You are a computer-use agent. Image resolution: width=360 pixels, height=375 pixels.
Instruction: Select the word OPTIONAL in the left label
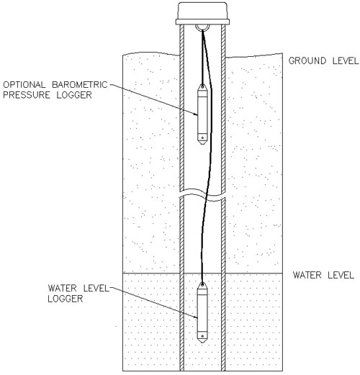(x=24, y=85)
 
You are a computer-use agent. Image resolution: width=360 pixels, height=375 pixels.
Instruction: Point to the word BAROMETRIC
(x=80, y=85)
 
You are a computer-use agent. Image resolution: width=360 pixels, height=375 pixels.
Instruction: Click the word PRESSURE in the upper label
(x=27, y=95)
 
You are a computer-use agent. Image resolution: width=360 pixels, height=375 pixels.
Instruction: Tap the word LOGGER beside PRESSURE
(x=74, y=95)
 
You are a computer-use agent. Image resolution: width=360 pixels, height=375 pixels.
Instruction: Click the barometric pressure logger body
(x=202, y=114)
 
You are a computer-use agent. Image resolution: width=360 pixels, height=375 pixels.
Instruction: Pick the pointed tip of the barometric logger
(x=202, y=144)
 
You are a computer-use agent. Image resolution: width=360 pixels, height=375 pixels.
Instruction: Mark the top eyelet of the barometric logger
(x=202, y=86)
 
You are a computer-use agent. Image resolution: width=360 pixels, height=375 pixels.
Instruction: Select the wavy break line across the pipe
(x=202, y=195)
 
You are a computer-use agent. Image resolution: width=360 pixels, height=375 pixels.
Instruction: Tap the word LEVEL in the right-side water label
(x=341, y=275)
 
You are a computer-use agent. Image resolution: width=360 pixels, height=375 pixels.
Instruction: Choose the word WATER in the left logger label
(x=62, y=288)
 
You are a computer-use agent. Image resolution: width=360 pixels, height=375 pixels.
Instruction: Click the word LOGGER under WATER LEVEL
(x=66, y=299)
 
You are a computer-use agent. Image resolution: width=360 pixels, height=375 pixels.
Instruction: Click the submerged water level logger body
(x=202, y=312)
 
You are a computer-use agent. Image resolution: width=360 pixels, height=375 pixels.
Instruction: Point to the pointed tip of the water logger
(x=202, y=343)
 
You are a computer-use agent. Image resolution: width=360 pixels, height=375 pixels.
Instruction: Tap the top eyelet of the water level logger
(x=202, y=285)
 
